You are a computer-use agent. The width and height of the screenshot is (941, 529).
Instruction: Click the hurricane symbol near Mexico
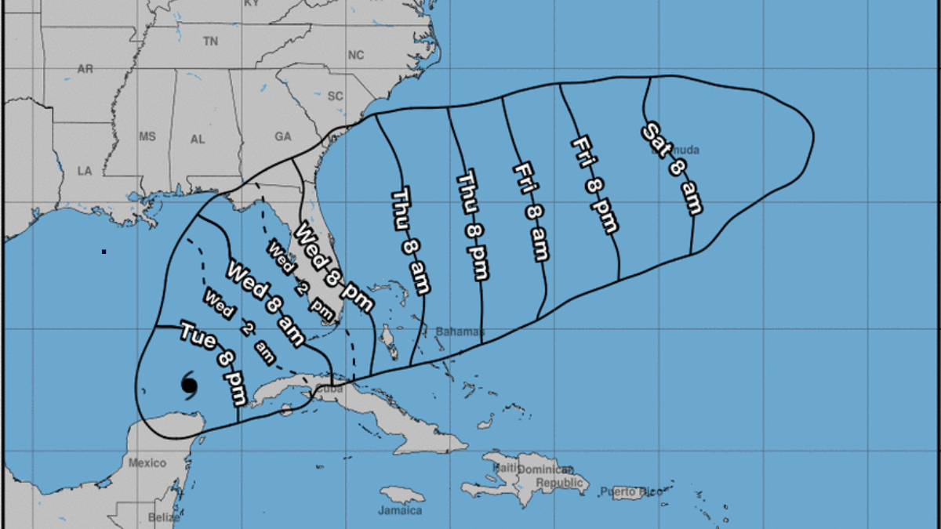pos(189,385)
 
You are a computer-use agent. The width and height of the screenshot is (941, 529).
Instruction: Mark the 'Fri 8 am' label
pos(530,212)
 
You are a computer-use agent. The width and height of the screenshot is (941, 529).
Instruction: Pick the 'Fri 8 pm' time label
pos(594,184)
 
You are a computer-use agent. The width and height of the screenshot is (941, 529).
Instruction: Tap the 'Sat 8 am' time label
pos(672,168)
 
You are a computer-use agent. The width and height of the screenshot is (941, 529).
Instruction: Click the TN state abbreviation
pos(210,41)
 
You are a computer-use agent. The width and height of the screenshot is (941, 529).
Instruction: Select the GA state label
pos(283,136)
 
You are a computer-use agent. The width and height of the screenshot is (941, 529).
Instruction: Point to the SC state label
pos(336,96)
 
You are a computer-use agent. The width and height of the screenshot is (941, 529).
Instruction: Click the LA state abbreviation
pos(85,171)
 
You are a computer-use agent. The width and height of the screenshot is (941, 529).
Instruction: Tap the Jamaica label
pos(400,510)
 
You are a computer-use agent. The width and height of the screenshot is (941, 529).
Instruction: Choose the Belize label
pos(159,517)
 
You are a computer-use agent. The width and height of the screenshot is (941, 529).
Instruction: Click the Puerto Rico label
pos(627,492)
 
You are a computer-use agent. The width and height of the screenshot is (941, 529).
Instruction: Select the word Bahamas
pos(460,332)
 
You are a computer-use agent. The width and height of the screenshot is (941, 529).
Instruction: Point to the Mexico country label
pos(147,462)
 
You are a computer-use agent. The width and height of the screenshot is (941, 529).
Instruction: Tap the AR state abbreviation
pos(85,69)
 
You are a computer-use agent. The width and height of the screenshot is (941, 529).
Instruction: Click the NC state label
pos(356,55)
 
